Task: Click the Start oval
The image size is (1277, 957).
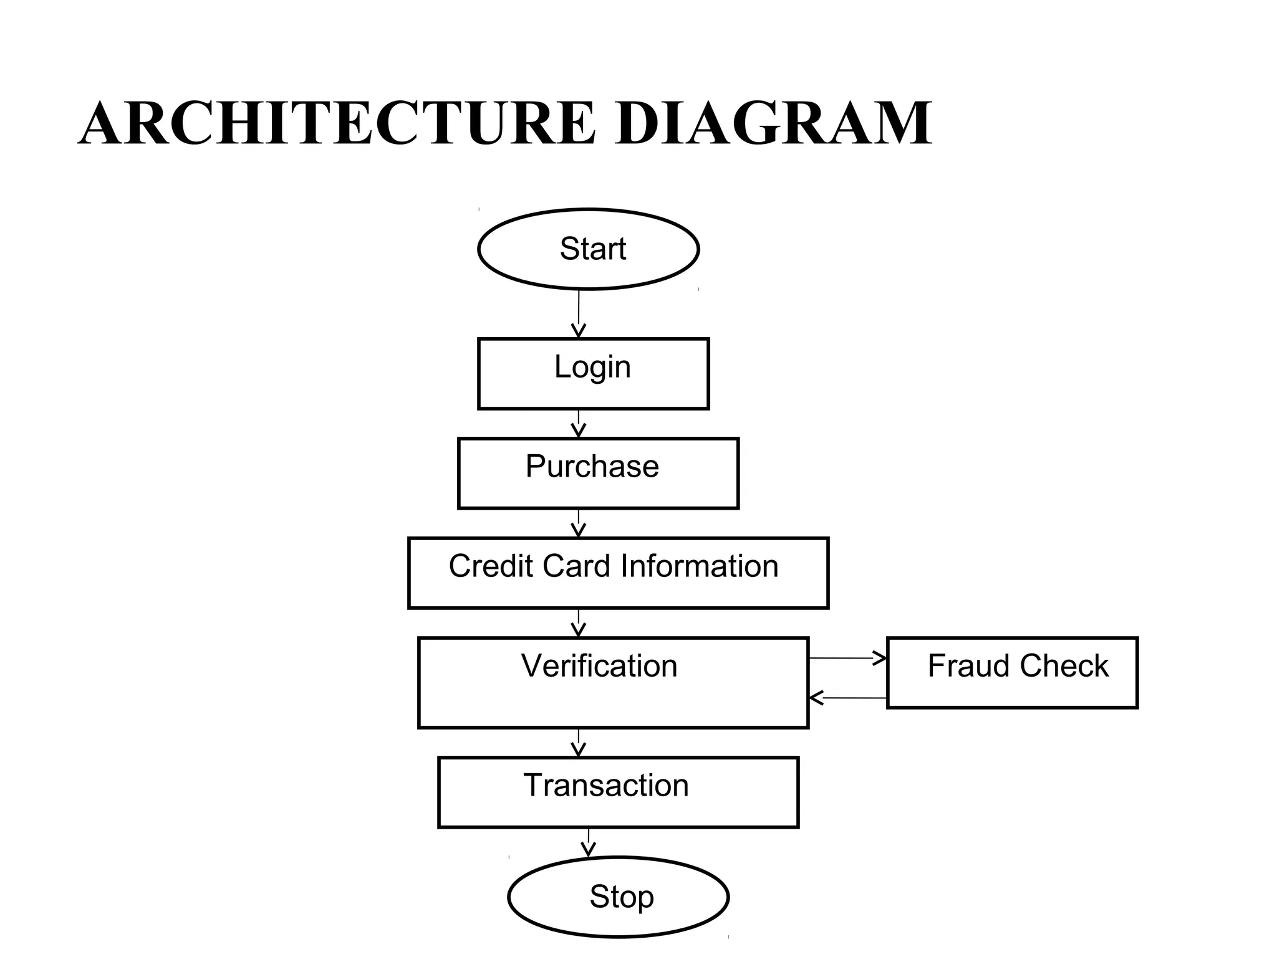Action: click(x=588, y=249)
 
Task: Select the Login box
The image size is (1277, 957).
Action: click(x=593, y=373)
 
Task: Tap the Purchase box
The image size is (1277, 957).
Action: click(x=598, y=473)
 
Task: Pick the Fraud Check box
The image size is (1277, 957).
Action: click(x=1011, y=672)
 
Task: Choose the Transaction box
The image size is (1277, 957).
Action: click(x=618, y=792)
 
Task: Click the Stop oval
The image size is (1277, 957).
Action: click(x=618, y=897)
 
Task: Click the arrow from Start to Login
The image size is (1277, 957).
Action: click(x=579, y=314)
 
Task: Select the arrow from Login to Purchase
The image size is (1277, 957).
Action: click(x=579, y=424)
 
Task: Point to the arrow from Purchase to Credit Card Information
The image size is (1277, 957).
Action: click(x=579, y=523)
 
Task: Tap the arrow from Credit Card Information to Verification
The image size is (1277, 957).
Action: click(x=579, y=623)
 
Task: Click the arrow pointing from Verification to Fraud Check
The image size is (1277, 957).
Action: click(x=848, y=658)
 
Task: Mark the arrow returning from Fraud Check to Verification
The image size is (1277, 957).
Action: click(x=848, y=698)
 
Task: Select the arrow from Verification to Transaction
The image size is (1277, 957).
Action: click(x=579, y=743)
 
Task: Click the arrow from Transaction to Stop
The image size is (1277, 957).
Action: click(x=588, y=842)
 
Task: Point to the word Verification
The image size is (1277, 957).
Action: click(x=599, y=665)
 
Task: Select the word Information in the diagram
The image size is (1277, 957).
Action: click(x=699, y=566)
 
